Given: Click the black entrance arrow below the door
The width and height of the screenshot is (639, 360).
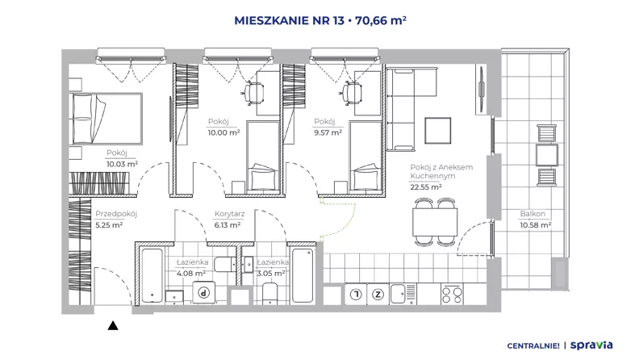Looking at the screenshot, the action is (113, 326).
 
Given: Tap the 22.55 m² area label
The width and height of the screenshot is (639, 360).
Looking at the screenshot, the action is (426, 187).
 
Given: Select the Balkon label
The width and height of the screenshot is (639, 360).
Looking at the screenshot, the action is (532, 214).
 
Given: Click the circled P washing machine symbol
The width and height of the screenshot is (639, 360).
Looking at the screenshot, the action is (204, 292).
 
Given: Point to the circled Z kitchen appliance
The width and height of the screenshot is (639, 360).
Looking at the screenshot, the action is (378, 295).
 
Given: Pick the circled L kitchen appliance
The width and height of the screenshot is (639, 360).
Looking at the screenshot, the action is (356, 295).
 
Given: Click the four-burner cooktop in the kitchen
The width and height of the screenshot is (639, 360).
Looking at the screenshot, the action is (452, 295).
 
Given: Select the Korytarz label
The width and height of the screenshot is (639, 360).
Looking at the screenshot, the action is (229, 214).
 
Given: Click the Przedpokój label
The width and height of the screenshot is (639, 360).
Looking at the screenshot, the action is (116, 214).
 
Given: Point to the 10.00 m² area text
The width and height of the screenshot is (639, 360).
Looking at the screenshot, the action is (223, 132).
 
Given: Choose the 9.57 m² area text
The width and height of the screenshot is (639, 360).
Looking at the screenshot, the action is (328, 132).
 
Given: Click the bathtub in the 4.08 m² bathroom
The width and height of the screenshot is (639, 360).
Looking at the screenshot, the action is (152, 275).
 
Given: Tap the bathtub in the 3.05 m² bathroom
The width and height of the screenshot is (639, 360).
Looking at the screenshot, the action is (303, 275).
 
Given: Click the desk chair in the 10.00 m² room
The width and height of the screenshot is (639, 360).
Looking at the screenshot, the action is (253, 93).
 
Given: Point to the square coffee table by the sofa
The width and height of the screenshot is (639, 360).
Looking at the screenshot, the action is (437, 131).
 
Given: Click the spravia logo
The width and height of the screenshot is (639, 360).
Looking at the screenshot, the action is (591, 345).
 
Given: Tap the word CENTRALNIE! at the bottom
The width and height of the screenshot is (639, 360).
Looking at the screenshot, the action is (533, 345).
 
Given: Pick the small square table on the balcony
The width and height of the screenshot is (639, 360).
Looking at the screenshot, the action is (546, 155).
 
